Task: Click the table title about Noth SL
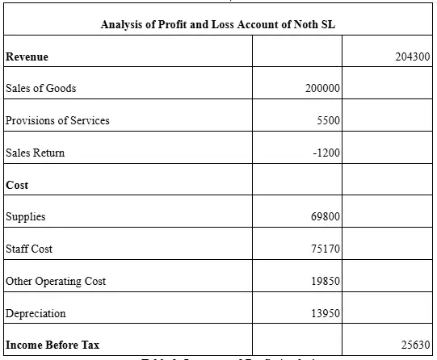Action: (218, 24)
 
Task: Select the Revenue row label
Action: (27, 57)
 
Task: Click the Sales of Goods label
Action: (40, 88)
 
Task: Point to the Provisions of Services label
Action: (57, 120)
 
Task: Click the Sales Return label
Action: (35, 153)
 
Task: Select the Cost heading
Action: (17, 185)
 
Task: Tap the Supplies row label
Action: (25, 216)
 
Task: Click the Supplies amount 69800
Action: (326, 216)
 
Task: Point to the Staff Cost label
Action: (29, 249)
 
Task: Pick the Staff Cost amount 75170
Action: (326, 249)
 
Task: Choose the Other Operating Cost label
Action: (55, 281)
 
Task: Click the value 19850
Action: (326, 281)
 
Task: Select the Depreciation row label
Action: (36, 313)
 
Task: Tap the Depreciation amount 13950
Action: (326, 313)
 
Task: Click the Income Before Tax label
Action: (53, 345)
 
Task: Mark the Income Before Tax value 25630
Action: (414, 345)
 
